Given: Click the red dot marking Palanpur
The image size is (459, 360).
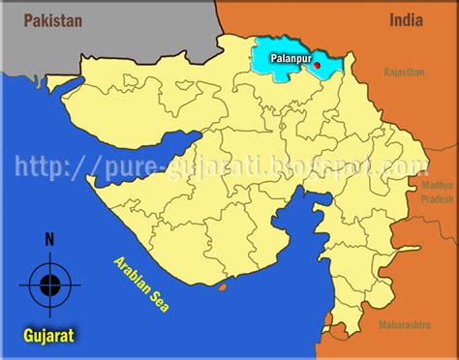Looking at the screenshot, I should pyautogui.click(x=318, y=65).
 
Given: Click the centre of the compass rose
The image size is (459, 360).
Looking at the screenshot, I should pyautogui.click(x=50, y=284).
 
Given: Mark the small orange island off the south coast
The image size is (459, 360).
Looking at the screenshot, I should pyautogui.click(x=226, y=285).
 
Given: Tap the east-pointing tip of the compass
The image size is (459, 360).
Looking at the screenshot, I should pyautogui.click(x=81, y=284).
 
